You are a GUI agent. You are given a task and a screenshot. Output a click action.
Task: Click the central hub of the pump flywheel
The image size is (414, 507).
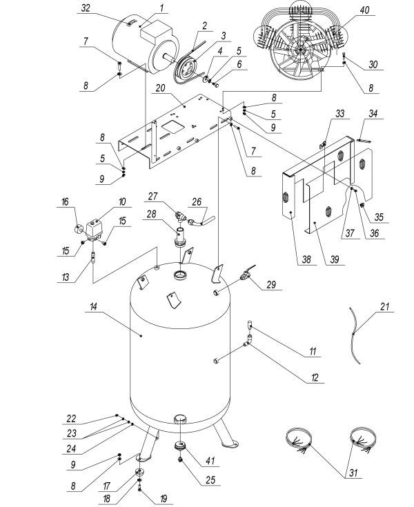300,52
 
